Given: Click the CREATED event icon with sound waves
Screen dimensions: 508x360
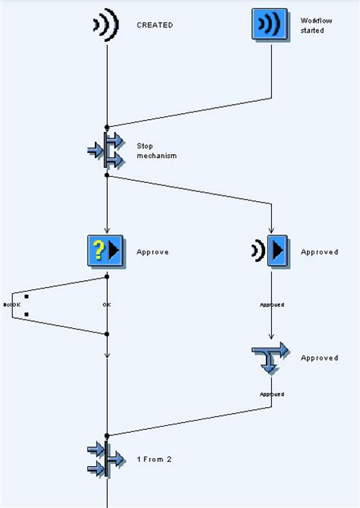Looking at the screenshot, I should [x=106, y=24].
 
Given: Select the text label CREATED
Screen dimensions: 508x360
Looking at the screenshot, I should [x=154, y=25].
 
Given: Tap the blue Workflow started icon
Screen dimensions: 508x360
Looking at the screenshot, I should [x=270, y=24].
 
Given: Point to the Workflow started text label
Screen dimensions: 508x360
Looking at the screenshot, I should [x=311, y=25].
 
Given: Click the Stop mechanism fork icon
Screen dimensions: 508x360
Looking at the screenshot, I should [x=106, y=150].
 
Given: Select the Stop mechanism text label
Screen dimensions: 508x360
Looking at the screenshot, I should [x=156, y=150].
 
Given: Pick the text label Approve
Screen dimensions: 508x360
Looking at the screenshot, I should [x=153, y=252].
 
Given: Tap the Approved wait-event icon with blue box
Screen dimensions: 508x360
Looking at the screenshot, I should [x=270, y=251].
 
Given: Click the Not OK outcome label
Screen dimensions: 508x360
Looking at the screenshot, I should [x=11, y=304].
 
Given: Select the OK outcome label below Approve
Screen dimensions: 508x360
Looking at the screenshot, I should [x=107, y=304].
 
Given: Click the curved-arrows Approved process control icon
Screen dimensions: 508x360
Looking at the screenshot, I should [x=270, y=358].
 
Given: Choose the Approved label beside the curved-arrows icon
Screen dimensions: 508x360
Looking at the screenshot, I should [x=319, y=358].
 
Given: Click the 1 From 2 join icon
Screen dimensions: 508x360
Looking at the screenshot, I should [x=106, y=459].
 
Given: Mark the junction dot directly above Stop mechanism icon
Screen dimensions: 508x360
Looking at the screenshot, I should [x=107, y=127].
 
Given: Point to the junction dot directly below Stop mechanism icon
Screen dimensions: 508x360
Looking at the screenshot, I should [x=107, y=175].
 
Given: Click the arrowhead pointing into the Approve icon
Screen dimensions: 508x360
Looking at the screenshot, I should [x=107, y=230].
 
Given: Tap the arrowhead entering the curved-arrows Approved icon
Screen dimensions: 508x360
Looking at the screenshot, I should [x=270, y=339].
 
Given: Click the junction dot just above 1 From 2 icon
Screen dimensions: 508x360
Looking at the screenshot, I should [x=107, y=435].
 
